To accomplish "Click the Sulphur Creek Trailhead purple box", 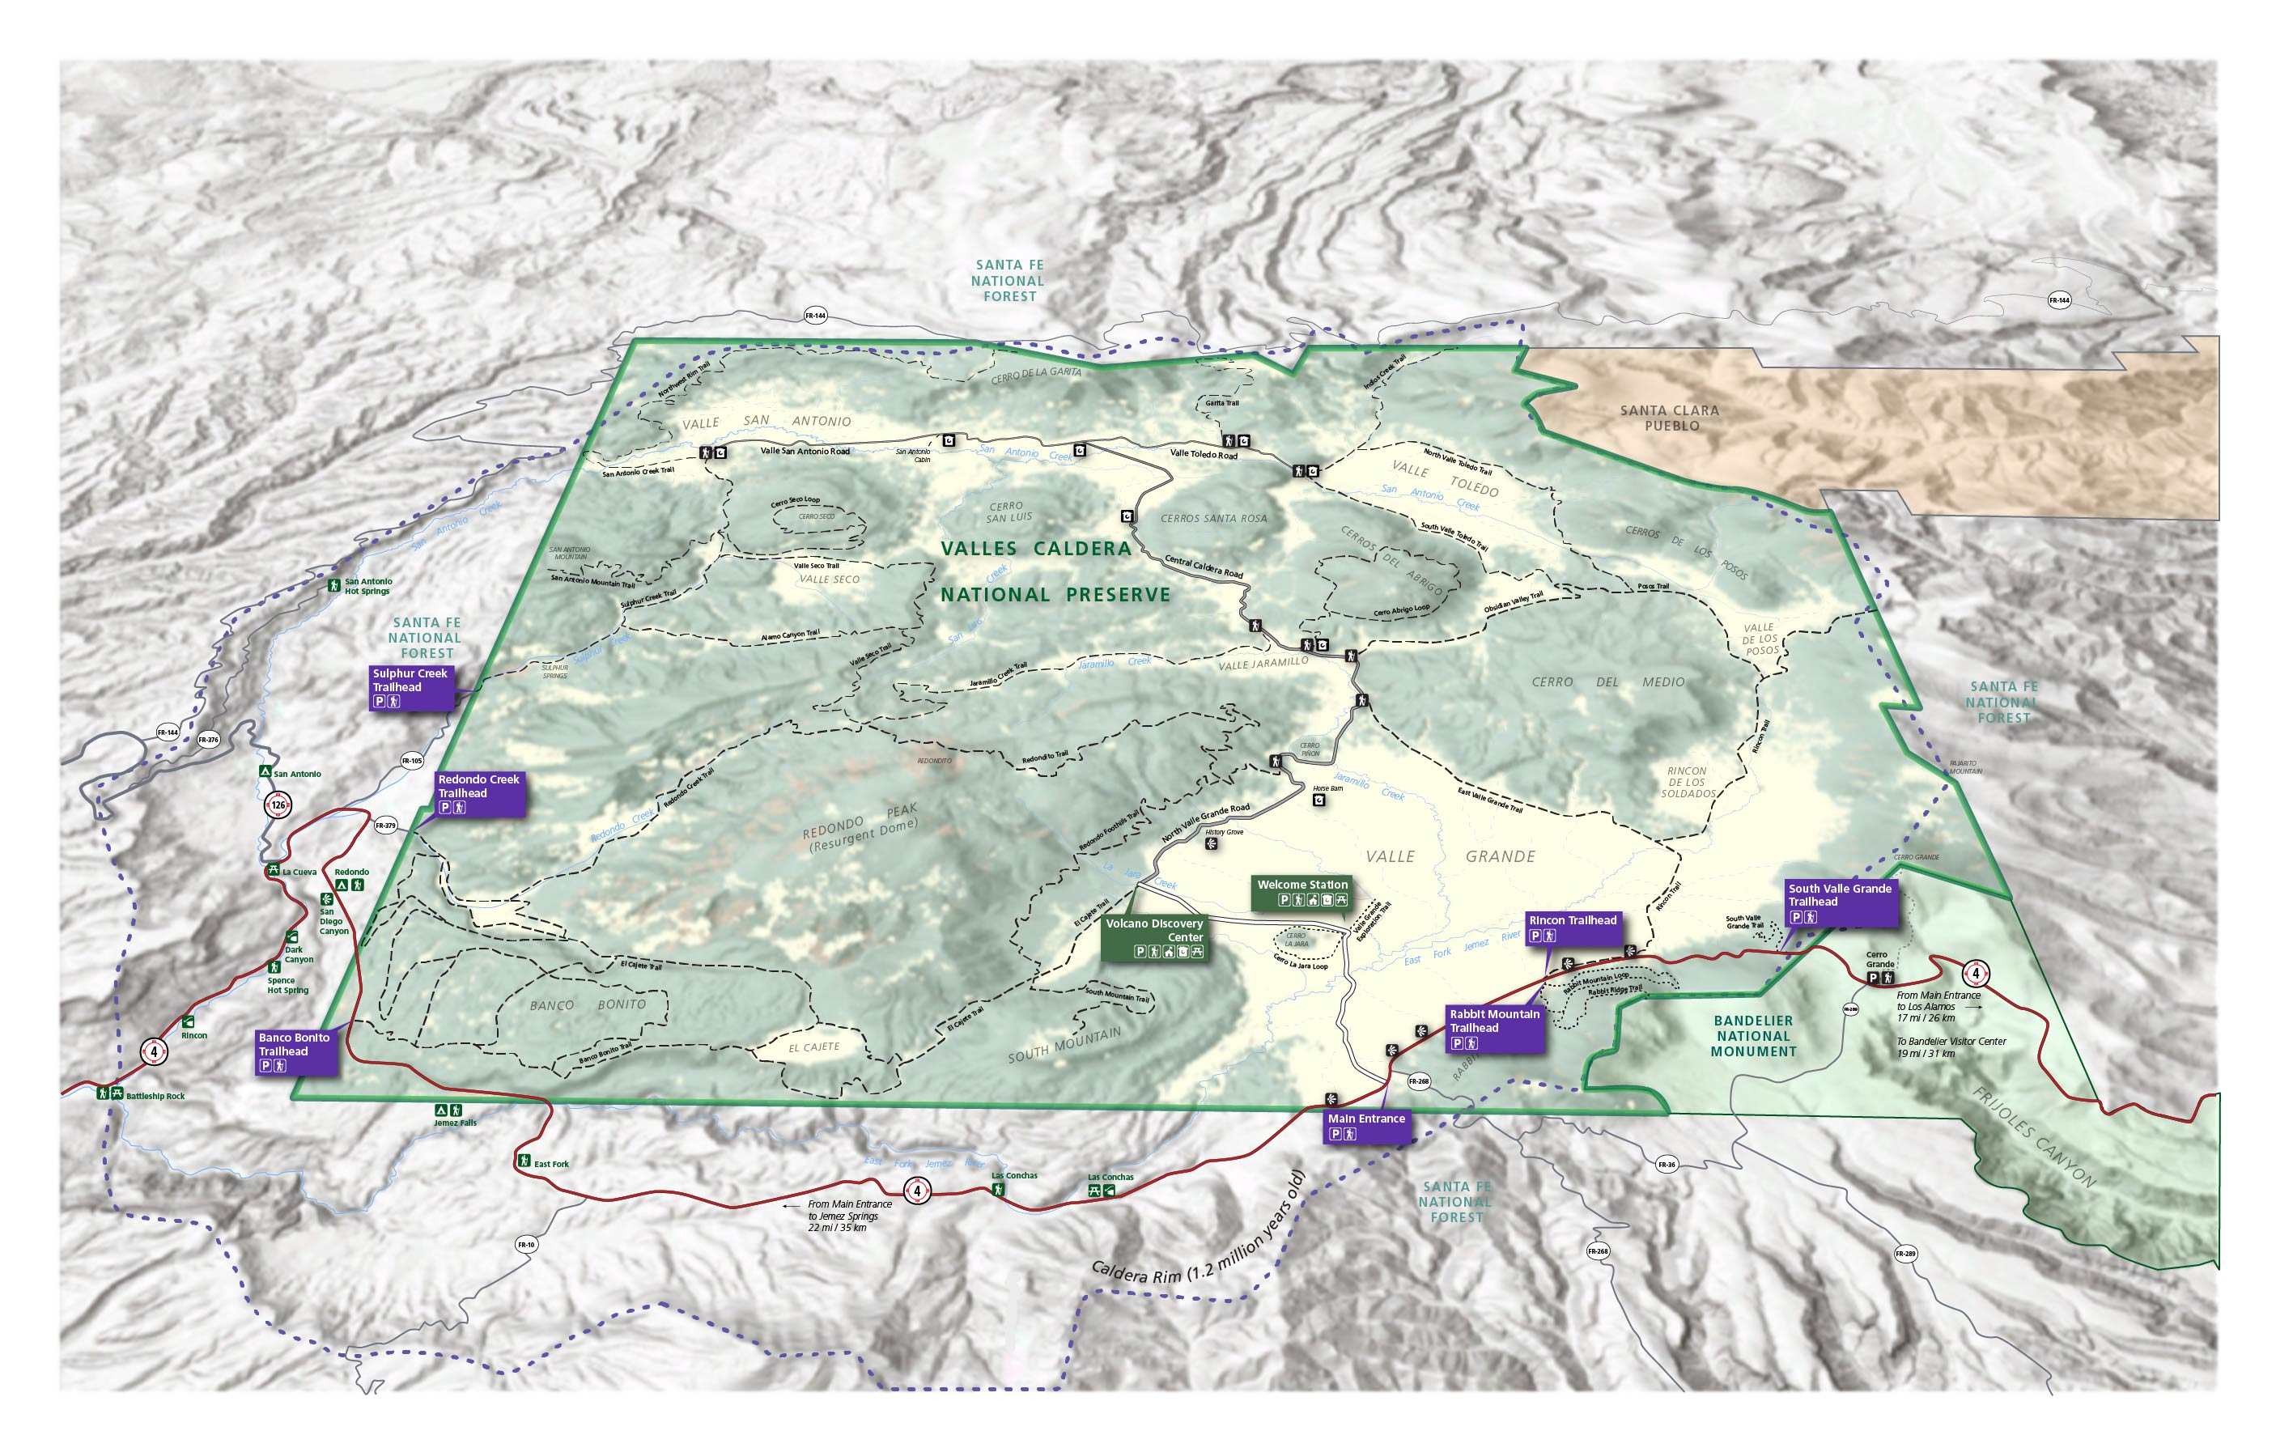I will [411, 687].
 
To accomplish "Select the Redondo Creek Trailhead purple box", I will [479, 793].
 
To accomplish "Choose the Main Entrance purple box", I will [1367, 1125].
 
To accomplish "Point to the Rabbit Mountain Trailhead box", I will [1495, 1028].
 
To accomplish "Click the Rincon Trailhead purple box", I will [1573, 927].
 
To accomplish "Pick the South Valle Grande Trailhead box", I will [1841, 902].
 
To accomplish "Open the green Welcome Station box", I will [1302, 891].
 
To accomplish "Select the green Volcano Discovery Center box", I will [1155, 936].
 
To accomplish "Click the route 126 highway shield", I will [278, 805].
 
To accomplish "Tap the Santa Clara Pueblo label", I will [1670, 418].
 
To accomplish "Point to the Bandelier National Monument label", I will [1753, 1035].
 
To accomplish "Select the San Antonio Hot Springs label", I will [367, 586].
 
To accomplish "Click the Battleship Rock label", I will [155, 1096].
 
